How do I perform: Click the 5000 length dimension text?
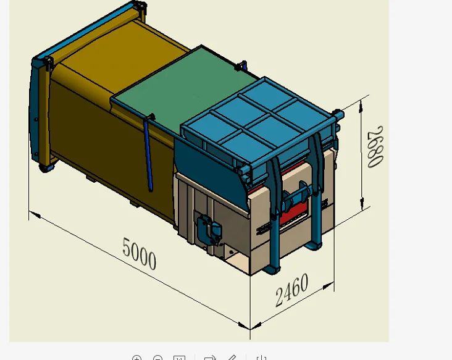[x=139, y=254]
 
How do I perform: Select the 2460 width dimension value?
[x=291, y=290]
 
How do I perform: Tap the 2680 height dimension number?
[x=375, y=146]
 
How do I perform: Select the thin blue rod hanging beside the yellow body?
[x=148, y=154]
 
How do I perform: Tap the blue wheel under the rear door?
[x=46, y=167]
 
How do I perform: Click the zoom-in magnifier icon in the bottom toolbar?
[x=137, y=358]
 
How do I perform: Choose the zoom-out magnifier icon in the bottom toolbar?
[x=158, y=358]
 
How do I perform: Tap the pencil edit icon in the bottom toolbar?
[x=232, y=358]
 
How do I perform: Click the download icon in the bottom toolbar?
[x=261, y=358]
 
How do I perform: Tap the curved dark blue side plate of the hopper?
[x=204, y=161]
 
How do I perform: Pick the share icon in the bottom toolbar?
[x=210, y=358]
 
